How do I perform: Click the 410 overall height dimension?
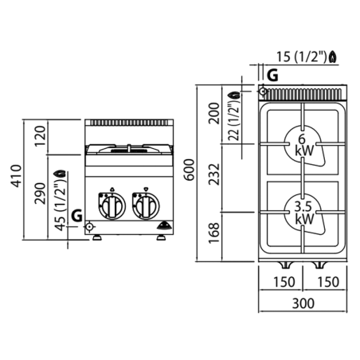point(17,176)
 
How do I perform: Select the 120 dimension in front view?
point(40,136)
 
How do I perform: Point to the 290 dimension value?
point(40,194)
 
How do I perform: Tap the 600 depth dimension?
point(190,170)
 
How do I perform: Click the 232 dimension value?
point(214,174)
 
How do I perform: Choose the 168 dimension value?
point(214,233)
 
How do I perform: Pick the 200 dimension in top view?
point(214,114)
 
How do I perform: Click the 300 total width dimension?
point(303,303)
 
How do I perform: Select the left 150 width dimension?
point(284,282)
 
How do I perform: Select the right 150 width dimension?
point(328,282)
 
